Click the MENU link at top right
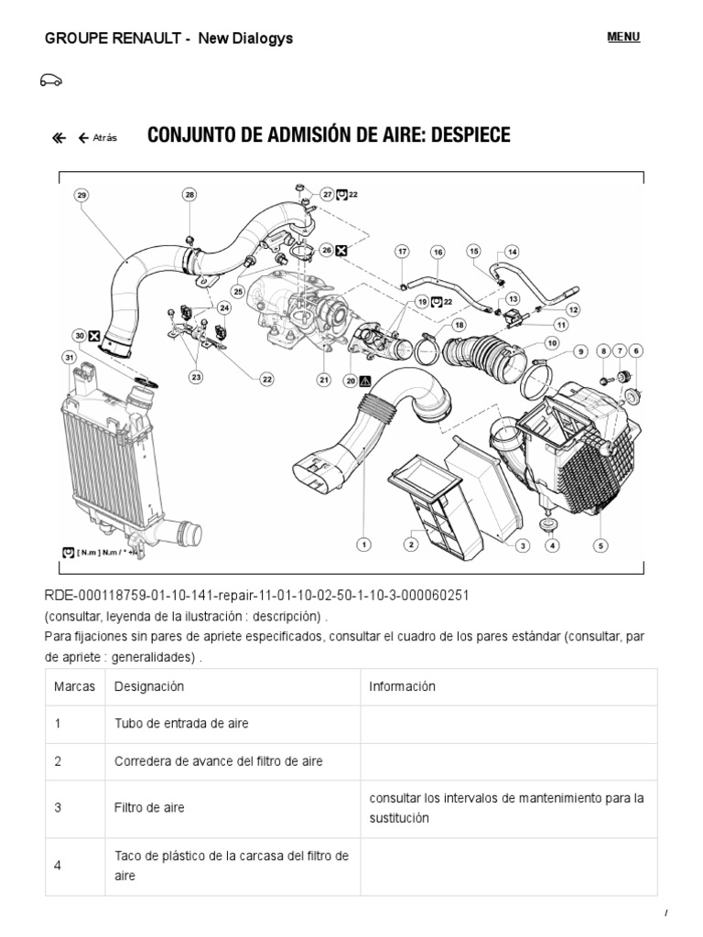(x=623, y=37)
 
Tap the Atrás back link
(x=98, y=138)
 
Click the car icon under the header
(x=51, y=81)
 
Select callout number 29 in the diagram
(x=81, y=195)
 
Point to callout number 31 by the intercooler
(x=68, y=357)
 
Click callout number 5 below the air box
(x=600, y=545)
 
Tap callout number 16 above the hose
(x=438, y=252)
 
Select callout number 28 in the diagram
(x=189, y=195)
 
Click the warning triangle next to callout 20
(x=364, y=381)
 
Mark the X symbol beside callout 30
(x=94, y=336)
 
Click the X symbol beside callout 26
(x=341, y=249)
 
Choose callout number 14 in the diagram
(x=511, y=252)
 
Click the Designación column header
(x=149, y=686)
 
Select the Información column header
(x=402, y=686)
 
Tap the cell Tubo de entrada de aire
(x=181, y=724)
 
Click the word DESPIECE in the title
(x=458, y=135)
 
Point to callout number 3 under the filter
(x=522, y=545)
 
